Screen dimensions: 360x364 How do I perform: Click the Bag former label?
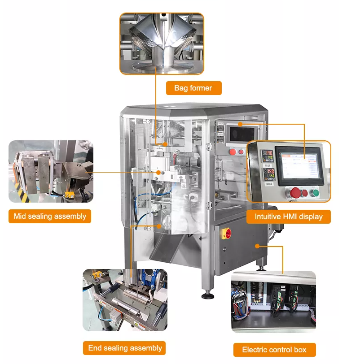193,88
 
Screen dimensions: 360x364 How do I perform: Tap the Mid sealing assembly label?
50,216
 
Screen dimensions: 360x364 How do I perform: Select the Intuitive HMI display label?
289,217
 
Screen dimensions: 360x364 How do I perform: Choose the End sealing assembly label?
124,348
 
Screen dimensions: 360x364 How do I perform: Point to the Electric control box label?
274,350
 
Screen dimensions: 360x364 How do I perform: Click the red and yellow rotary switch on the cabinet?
226,233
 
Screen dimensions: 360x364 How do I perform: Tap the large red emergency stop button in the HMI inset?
295,193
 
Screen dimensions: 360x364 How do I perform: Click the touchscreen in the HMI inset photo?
299,165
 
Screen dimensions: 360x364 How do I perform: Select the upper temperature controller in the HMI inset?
268,156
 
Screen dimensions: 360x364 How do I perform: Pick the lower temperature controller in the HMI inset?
269,174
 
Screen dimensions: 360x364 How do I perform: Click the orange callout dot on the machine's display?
240,124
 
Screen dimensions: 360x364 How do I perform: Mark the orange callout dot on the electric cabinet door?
257,246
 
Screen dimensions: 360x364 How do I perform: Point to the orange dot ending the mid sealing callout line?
158,173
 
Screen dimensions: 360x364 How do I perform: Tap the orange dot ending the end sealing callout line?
159,226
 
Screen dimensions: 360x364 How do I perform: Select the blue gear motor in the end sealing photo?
152,280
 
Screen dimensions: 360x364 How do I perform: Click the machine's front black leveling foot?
208,295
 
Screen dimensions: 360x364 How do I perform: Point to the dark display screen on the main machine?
242,134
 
